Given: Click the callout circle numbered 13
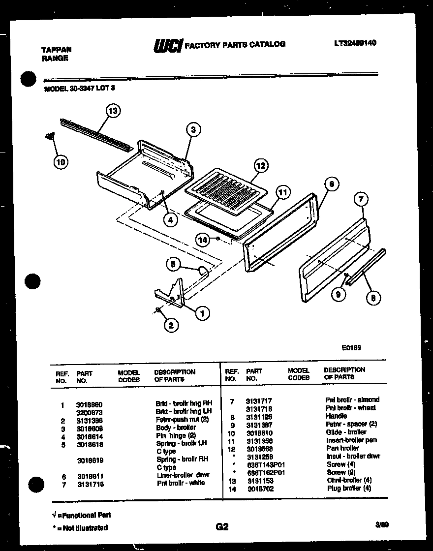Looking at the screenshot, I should pos(113,111).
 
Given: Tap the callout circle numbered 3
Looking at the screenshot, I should pos(194,130).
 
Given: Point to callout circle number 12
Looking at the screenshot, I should pos(261,166).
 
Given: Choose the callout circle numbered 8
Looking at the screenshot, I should pos(373,297).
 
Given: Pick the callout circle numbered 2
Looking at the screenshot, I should pos(171,325).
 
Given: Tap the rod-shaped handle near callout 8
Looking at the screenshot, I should pos(365,269).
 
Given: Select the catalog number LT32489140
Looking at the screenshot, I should pos(355,43).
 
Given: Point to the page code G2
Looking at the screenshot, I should pos(222,527).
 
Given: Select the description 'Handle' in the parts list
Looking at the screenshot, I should pos(337,416).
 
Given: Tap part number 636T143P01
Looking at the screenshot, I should pos(266,464).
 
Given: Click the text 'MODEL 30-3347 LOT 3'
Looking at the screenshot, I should pos(80,89).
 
